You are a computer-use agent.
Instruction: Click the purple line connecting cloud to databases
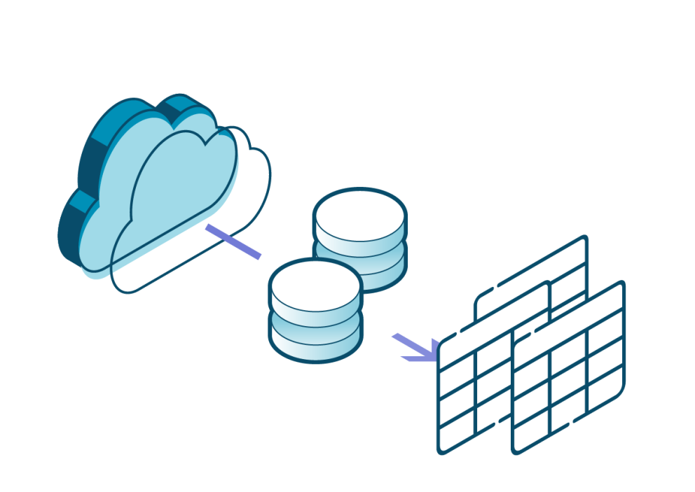[x=233, y=241]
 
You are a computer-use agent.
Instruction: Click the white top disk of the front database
[x=316, y=286]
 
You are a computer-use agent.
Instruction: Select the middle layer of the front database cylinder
[x=316, y=328]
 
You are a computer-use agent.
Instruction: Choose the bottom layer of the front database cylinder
[x=316, y=347]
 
